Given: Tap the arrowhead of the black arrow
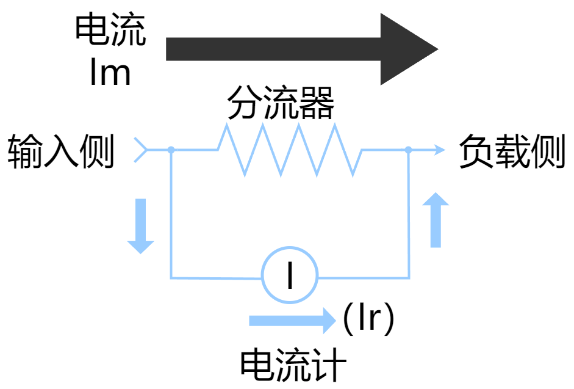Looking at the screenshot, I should [x=406, y=49].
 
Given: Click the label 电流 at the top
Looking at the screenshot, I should [x=110, y=31].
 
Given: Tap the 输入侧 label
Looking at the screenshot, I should [x=61, y=151].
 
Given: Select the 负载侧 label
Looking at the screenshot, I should [x=512, y=151].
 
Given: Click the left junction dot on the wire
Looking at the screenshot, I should [x=171, y=149].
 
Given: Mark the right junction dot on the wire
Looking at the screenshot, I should [x=408, y=149].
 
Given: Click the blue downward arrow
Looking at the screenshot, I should [x=140, y=225].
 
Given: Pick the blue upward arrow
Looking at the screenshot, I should [x=436, y=220].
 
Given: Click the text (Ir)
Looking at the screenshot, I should [x=368, y=319].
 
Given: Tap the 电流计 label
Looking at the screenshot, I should [x=293, y=365].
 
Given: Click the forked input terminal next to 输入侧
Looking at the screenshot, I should [x=141, y=149].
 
